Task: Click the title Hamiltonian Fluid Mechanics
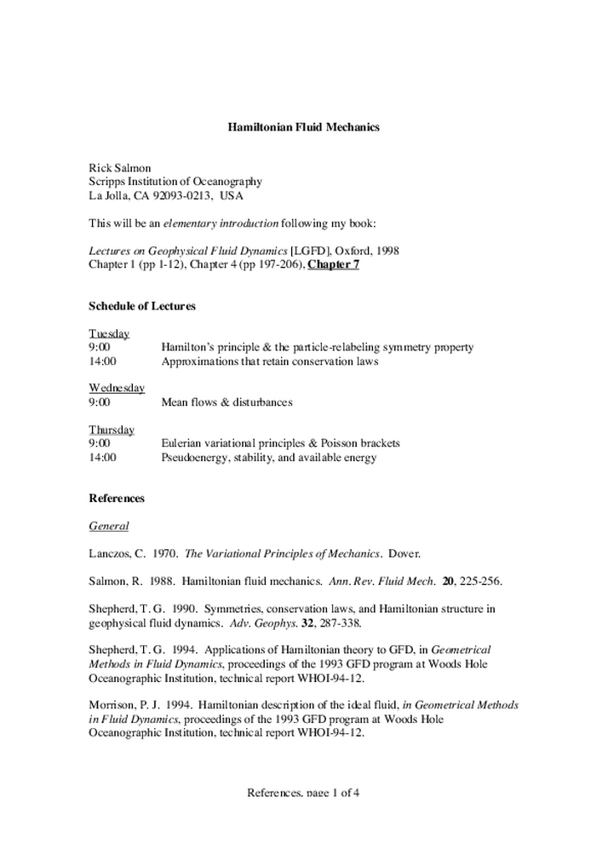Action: (x=303, y=127)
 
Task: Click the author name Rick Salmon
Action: (x=120, y=168)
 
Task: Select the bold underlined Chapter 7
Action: (x=333, y=265)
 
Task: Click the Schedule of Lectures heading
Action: (x=142, y=306)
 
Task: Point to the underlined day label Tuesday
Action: (x=109, y=333)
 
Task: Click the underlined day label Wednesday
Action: (x=117, y=388)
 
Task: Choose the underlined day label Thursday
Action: (x=112, y=430)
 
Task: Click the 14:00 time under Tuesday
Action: (x=103, y=361)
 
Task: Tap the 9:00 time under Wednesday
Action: (x=100, y=402)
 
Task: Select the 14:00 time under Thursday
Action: (x=103, y=457)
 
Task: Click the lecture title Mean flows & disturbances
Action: (x=227, y=402)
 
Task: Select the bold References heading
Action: (x=117, y=498)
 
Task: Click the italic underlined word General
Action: (x=108, y=526)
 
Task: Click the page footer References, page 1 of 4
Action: (x=303, y=793)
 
